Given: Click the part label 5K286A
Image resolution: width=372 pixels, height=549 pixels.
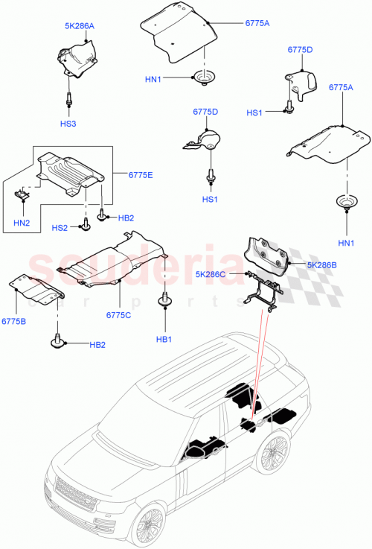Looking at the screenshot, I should tap(79, 25).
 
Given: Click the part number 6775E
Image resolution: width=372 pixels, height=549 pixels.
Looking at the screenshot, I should tap(129, 176).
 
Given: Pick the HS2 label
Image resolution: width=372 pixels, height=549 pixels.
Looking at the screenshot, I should tap(60, 227).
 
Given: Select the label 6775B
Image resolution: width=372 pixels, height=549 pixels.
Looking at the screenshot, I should tap(13, 320).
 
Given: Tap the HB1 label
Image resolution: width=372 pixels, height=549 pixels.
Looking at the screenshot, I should tap(163, 339).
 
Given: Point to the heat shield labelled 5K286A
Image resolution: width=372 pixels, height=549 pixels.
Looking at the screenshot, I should tap(75, 58).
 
